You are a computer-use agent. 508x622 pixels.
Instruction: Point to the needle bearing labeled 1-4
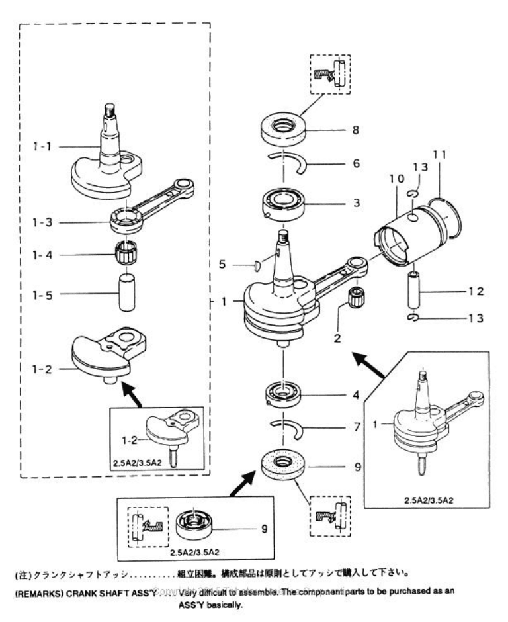pos(124,253)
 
